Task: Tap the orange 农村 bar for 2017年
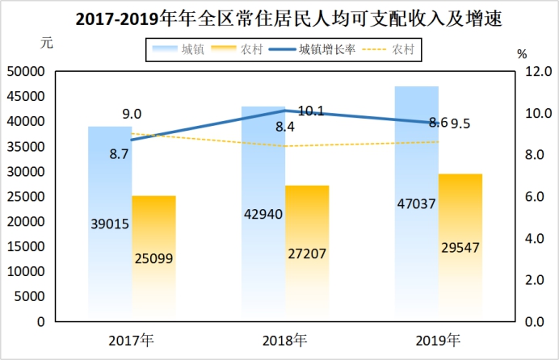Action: pos(153,258)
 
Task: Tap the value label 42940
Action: pos(263,215)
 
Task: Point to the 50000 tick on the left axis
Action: pos(27,71)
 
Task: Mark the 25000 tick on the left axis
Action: pos(27,196)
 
